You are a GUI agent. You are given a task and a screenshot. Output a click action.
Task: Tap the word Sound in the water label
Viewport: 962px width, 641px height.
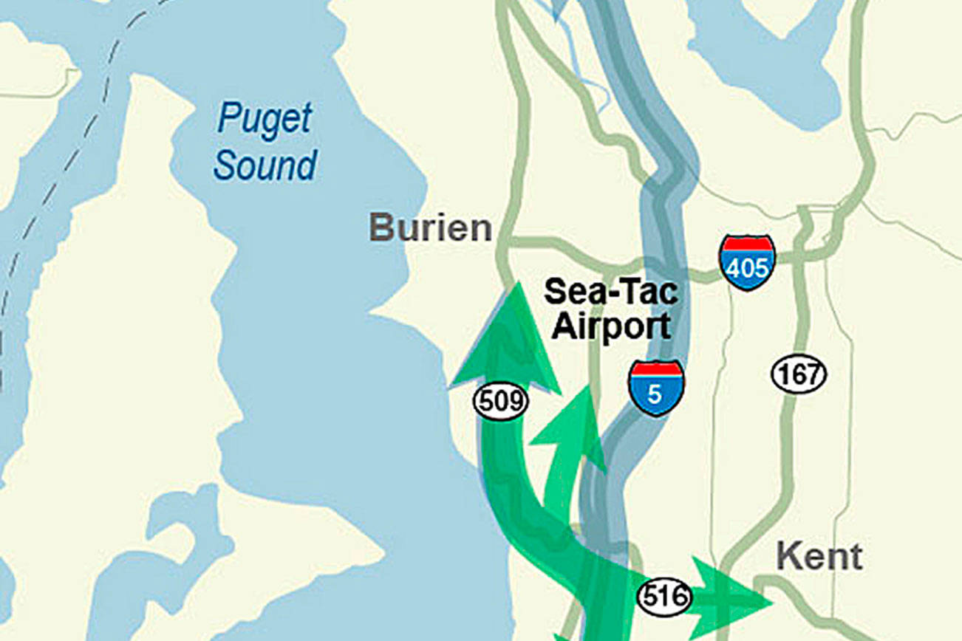click(265, 165)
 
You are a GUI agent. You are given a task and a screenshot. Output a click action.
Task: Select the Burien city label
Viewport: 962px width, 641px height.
click(431, 228)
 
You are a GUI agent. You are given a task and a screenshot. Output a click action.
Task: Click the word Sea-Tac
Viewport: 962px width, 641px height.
click(610, 292)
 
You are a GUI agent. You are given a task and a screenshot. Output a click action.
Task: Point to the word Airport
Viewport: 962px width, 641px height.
click(611, 326)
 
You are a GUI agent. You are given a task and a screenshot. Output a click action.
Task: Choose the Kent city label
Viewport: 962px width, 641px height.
click(819, 557)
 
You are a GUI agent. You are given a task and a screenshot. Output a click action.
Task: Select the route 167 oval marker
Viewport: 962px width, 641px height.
click(799, 374)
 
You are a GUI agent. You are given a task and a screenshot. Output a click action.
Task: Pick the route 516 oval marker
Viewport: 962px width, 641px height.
click(664, 596)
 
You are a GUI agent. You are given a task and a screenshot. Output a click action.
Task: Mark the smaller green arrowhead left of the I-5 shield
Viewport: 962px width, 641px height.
click(573, 425)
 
